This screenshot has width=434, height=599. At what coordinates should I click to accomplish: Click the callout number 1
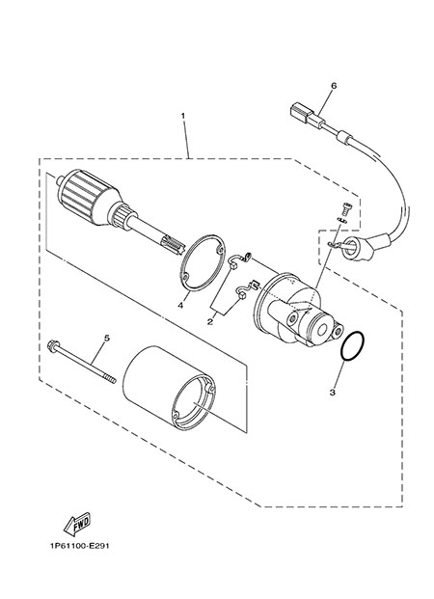coord(183,115)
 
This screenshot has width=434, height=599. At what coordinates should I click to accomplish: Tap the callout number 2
coord(209,322)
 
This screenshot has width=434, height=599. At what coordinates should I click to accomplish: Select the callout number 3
coord(333,393)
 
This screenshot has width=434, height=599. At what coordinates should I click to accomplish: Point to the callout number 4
coord(180,305)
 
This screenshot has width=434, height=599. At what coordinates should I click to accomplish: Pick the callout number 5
coord(107,338)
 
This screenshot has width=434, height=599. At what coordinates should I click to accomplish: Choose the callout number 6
coord(334,86)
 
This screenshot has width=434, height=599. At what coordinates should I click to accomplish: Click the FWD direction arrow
coord(77,524)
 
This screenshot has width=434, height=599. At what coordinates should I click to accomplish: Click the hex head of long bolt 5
coord(52,346)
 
